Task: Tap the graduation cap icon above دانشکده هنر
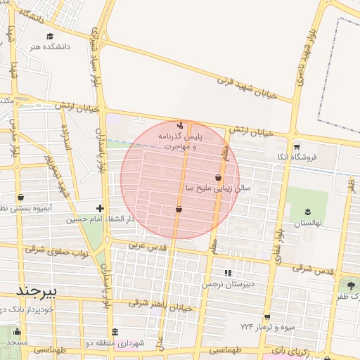point(49,37)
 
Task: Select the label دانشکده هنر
point(49,46)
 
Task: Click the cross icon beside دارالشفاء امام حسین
point(101,208)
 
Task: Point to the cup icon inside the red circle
point(179,209)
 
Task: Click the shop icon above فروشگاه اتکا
point(297,146)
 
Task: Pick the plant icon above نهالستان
point(307,212)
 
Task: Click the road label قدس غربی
point(146,247)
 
